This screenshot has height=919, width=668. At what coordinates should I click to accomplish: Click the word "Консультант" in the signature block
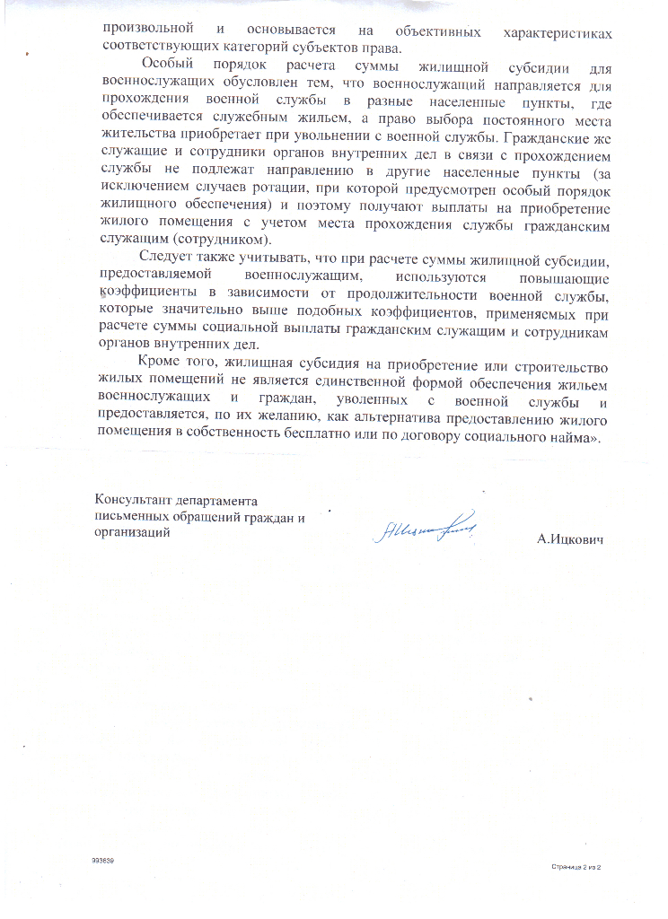point(132,501)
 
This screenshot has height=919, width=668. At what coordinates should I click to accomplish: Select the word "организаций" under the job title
point(131,531)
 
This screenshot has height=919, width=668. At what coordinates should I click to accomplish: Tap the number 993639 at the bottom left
point(103,861)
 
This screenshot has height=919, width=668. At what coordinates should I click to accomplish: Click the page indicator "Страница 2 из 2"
point(575,867)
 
